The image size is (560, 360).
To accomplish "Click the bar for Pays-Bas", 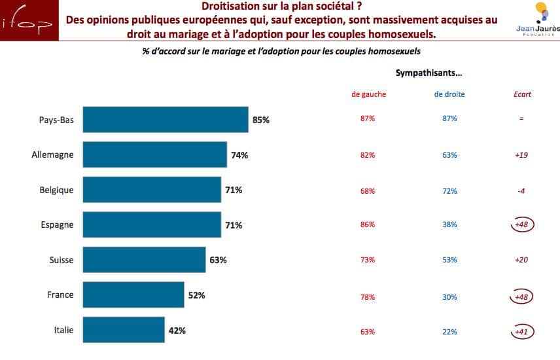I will tap(166, 120).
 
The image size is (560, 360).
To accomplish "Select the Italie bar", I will tap(124, 331).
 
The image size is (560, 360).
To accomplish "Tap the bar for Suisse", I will tap(144, 260).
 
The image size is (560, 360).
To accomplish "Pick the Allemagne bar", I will tap(154, 155).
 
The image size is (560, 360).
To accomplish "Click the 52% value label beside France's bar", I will tap(197, 295).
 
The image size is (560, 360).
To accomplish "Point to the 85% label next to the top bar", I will tap(261, 120).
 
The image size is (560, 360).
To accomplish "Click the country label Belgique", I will tap(56, 190).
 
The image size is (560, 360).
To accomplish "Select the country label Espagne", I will tap(57, 225).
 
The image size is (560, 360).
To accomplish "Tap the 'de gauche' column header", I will tap(368, 94).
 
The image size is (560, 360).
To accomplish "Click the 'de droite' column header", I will tap(449, 94).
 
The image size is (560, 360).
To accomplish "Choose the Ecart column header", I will tap(522, 94).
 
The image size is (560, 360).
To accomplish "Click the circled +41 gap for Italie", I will tap(522, 332).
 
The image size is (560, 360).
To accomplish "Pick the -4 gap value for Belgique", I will tap(522, 191).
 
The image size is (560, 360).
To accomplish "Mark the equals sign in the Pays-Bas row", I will tap(522, 119).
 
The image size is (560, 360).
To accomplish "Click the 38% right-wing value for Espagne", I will tap(449, 225).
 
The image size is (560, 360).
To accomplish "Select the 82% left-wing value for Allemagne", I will tap(368, 155).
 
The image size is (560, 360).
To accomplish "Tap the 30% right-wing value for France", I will tap(449, 297).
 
